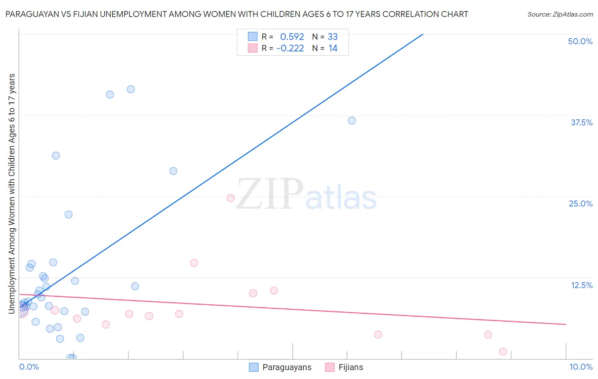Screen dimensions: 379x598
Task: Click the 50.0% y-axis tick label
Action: (580, 41)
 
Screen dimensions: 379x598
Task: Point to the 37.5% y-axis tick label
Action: (581, 122)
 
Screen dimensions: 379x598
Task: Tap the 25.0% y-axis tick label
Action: (581, 204)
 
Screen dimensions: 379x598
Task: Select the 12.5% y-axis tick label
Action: (581, 285)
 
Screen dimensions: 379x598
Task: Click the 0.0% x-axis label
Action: (29, 367)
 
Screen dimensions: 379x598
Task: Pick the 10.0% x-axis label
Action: (581, 367)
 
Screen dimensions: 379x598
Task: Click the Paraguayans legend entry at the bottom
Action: (287, 367)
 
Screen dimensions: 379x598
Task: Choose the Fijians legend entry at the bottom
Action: (350, 367)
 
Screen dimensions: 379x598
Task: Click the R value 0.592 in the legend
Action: (292, 37)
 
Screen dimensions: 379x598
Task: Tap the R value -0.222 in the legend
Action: (290, 48)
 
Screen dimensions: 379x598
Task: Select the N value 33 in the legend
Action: (333, 37)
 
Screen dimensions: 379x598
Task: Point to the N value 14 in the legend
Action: (333, 48)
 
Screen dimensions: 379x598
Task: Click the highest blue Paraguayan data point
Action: (131, 89)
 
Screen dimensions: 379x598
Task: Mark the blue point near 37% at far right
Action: (352, 121)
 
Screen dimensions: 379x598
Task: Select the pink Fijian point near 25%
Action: (231, 198)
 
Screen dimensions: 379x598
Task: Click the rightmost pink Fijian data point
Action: (503, 351)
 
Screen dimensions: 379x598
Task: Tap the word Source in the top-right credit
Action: (538, 14)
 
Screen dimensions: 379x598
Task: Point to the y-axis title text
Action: (11, 194)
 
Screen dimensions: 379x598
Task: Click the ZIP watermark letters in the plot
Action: (269, 194)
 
